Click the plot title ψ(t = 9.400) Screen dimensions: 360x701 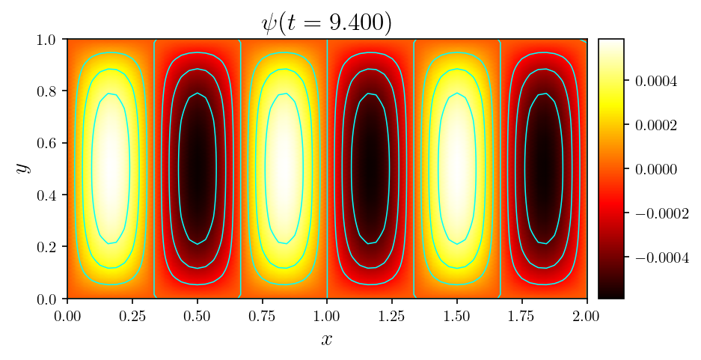tap(326, 22)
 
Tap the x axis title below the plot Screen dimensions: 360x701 tap(327, 340)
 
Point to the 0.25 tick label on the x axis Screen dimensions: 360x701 tap(198, 316)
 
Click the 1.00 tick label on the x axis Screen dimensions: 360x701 tap(327, 316)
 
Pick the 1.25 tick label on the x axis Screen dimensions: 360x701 tap(392, 316)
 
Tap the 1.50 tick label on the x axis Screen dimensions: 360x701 tap(457, 316)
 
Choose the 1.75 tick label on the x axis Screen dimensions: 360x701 tap(522, 316)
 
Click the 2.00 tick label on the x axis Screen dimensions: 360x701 tap(587, 316)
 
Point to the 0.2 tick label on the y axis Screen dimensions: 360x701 tap(51, 247)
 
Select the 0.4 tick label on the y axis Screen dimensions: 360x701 tap(51, 195)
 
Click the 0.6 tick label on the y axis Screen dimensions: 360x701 tap(51, 143)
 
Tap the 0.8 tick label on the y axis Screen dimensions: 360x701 tap(51, 91)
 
